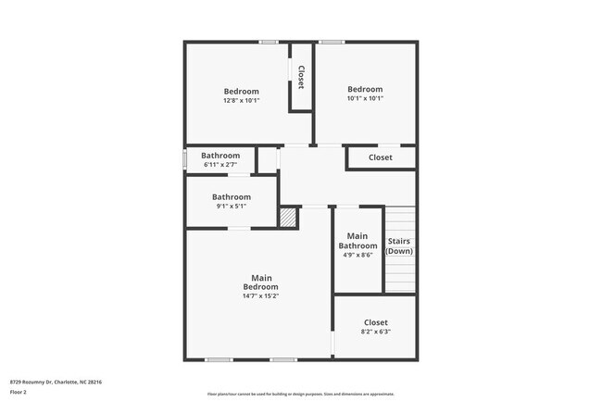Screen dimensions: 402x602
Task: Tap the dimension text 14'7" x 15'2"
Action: pos(261,296)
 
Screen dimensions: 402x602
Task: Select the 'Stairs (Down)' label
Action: pos(399,246)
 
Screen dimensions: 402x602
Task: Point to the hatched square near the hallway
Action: pos(289,217)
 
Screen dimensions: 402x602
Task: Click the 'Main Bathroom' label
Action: pos(358,241)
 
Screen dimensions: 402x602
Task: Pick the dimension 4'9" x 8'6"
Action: pos(358,256)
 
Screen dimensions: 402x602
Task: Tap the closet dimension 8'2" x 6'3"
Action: pos(376,332)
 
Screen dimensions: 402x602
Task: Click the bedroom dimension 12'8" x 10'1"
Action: pos(241,100)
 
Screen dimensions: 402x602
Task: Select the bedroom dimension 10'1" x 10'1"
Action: pos(365,98)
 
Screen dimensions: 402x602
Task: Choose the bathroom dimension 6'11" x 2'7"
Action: pos(220,165)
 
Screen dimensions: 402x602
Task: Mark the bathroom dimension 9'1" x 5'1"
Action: pos(231,206)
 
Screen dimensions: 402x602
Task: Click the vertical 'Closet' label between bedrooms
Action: pos(301,76)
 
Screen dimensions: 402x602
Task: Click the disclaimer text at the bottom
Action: pos(300,394)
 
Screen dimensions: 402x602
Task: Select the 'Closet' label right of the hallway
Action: pos(380,157)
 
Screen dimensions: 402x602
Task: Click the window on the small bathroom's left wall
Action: pos(185,159)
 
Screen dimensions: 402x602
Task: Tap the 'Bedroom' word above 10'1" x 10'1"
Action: pos(365,89)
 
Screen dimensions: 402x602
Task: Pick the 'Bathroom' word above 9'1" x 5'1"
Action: pos(231,196)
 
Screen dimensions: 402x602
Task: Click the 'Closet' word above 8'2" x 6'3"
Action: pos(376,322)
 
